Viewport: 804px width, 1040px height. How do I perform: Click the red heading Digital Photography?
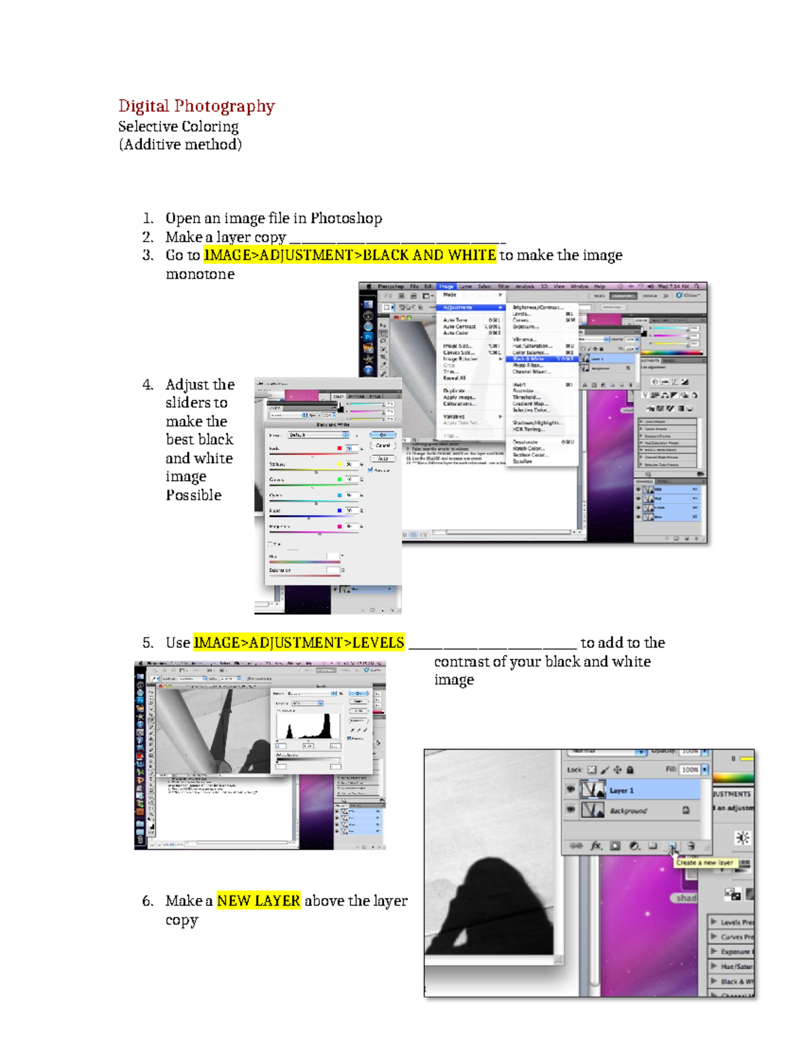point(196,106)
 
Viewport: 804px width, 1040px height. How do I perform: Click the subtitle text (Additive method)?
point(180,145)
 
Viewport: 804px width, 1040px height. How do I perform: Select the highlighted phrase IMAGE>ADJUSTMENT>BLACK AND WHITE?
point(350,255)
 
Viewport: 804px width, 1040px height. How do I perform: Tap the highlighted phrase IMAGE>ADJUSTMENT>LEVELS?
point(299,643)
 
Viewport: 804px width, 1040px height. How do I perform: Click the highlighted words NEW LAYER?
point(259,901)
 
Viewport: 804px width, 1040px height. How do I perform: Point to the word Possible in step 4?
point(194,496)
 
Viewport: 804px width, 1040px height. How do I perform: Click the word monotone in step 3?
point(200,275)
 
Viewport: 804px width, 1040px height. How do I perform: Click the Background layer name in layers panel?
point(628,811)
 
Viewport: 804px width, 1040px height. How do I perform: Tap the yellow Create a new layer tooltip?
point(704,863)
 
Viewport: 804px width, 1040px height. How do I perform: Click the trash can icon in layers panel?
point(691,846)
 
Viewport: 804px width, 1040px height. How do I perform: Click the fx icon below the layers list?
point(596,846)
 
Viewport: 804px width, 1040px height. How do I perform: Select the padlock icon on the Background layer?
point(686,810)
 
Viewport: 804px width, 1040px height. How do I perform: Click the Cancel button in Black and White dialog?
point(383,446)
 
